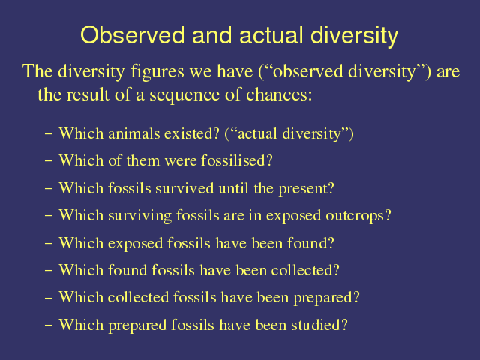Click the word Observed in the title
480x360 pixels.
(x=133, y=35)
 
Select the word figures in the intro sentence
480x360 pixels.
(x=157, y=72)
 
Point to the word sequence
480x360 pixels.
(x=184, y=95)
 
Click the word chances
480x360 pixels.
(x=279, y=94)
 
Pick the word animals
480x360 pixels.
(x=133, y=133)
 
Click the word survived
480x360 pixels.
(x=184, y=188)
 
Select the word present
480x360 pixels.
(x=306, y=189)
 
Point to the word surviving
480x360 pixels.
(x=139, y=216)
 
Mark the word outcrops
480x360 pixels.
(x=358, y=216)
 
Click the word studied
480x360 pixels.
(x=319, y=325)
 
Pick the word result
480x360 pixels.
(x=88, y=94)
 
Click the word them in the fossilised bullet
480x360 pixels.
(x=143, y=160)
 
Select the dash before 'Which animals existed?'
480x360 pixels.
(x=48, y=134)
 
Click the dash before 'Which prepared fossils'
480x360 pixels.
(x=48, y=325)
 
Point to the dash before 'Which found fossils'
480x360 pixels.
(x=48, y=270)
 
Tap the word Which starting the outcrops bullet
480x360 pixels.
(x=81, y=215)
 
